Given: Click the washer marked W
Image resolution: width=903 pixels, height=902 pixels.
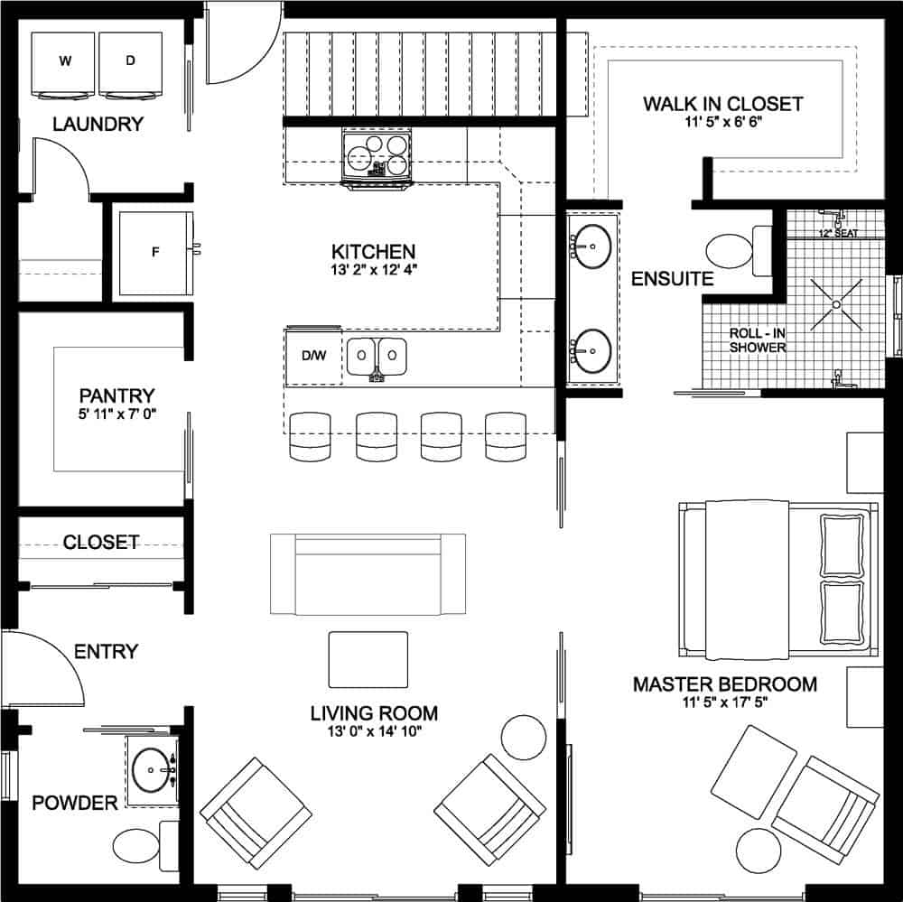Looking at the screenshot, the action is [x=63, y=64].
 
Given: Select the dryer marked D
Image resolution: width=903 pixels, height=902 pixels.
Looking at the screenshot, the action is [x=131, y=64].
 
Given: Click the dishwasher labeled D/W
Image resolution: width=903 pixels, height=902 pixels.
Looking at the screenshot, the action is [x=314, y=356].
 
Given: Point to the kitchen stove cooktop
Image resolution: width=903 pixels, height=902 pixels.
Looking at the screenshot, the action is [x=377, y=154].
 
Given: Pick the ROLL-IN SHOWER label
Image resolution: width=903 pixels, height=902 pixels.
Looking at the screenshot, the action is [x=758, y=340].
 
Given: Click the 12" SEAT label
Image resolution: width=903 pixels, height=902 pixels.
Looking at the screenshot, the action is [x=838, y=233].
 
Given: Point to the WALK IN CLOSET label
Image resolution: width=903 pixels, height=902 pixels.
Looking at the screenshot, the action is [x=722, y=104].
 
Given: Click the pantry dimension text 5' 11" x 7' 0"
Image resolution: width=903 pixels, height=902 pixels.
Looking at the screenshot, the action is [x=116, y=414].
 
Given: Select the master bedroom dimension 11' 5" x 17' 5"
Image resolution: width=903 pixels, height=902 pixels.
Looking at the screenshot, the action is [x=725, y=702].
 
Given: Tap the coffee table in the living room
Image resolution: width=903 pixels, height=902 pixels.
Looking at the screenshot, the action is [x=368, y=659].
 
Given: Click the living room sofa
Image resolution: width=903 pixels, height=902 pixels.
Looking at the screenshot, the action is [x=368, y=574].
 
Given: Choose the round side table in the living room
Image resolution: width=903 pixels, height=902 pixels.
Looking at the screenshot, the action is [x=524, y=739].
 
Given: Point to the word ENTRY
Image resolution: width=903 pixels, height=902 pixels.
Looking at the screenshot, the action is [x=106, y=652].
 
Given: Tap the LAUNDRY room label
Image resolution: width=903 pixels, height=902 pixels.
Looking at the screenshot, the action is [x=98, y=124].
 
